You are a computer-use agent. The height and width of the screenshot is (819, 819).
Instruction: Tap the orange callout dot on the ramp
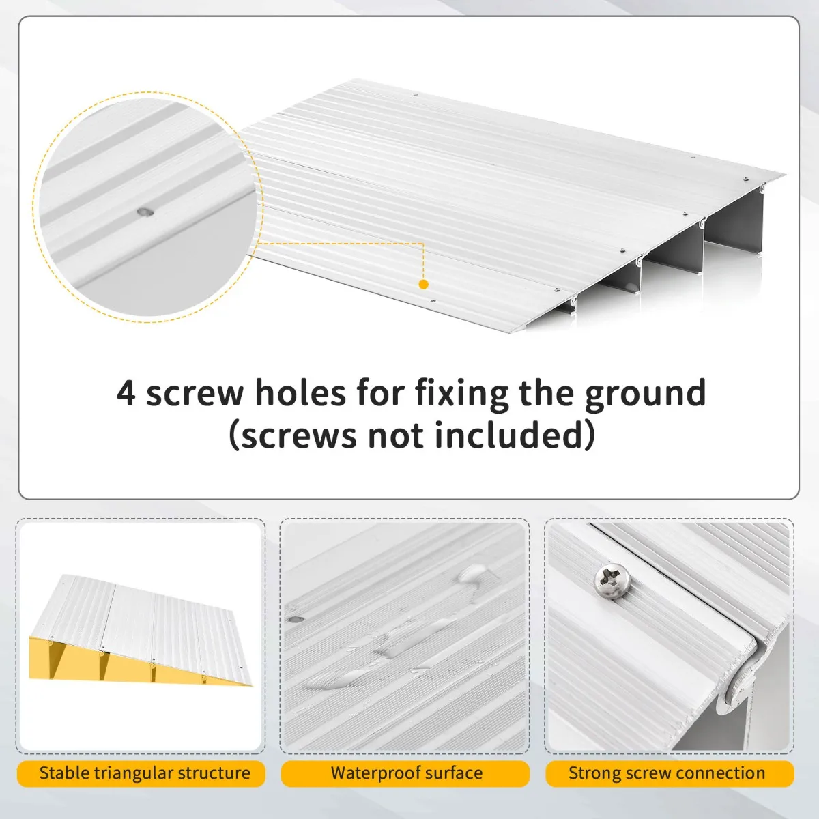[x=423, y=285]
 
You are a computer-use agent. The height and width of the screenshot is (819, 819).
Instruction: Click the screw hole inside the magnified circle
[x=145, y=211]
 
